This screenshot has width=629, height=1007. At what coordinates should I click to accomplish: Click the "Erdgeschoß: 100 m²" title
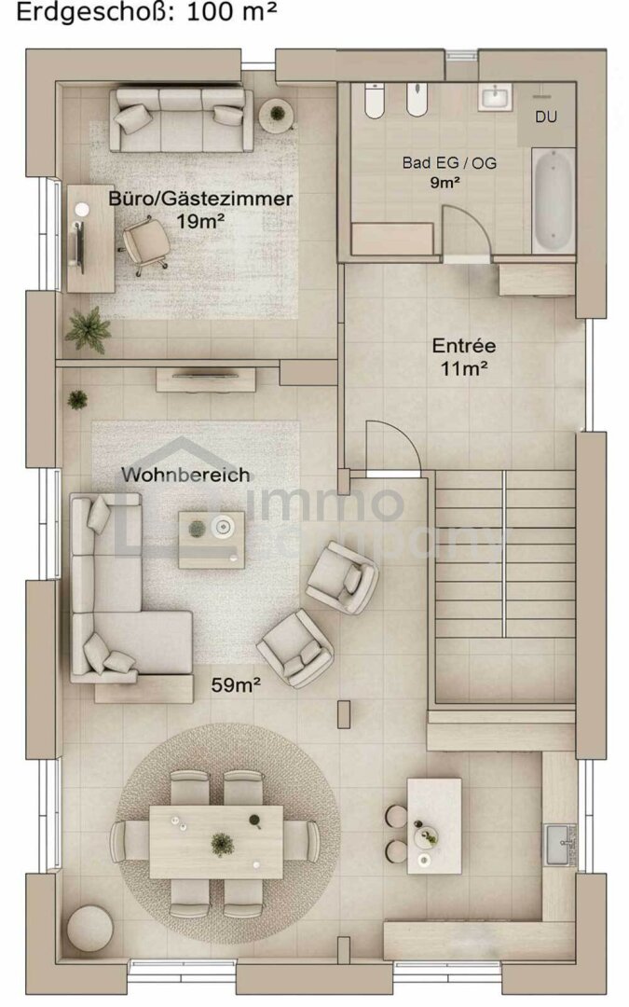point(147,12)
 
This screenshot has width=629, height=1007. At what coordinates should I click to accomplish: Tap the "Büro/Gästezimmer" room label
point(200,199)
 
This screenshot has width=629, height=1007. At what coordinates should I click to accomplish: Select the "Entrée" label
point(463,346)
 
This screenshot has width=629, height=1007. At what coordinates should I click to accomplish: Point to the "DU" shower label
point(545,117)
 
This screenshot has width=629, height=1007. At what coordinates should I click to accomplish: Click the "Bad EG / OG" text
point(449,162)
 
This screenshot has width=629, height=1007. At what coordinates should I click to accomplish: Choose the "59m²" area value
point(236,685)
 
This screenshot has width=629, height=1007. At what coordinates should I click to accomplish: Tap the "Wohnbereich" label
point(185,476)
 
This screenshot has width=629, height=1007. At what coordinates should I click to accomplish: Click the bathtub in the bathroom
point(553,200)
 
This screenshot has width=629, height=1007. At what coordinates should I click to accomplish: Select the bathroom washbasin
point(495,99)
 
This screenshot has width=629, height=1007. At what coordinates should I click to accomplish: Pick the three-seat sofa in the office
point(181,119)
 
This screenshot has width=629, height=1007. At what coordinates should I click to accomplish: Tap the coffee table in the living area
point(212,539)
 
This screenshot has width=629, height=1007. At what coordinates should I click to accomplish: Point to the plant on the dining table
point(222,842)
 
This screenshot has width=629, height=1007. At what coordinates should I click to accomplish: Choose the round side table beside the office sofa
point(277,114)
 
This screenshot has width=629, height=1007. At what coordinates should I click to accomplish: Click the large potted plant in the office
point(88,329)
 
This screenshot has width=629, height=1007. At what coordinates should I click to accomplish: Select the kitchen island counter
point(434,826)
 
